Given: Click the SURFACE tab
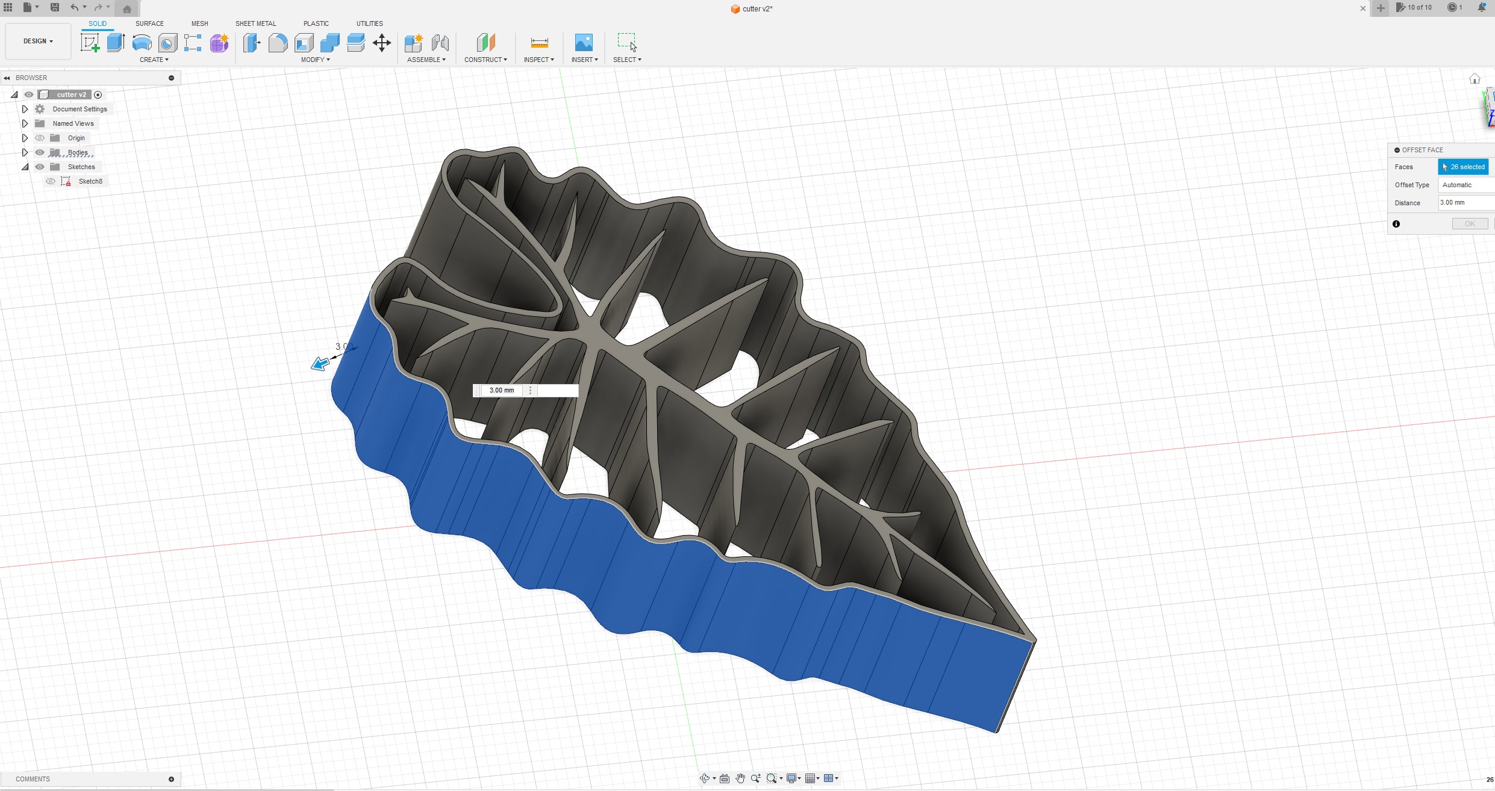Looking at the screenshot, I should (149, 23).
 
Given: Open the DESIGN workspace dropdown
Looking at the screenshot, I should (38, 41).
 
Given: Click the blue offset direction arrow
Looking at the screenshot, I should (320, 363).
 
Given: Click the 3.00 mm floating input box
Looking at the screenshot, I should (502, 390).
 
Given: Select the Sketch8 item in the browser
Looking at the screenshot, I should (90, 181).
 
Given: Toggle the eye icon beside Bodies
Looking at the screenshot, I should (40, 152).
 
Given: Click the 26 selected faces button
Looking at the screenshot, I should (1463, 167).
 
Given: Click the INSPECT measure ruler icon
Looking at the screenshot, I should (539, 43).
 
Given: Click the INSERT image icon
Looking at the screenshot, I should (584, 43).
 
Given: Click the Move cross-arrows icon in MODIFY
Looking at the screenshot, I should (382, 43).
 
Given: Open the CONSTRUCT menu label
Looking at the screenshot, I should (485, 60).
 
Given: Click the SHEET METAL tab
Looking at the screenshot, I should (255, 23).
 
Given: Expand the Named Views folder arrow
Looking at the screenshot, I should (25, 123).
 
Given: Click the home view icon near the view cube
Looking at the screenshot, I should (1475, 79).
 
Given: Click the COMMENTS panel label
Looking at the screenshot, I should (33, 779).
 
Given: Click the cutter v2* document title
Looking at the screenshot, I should (757, 8).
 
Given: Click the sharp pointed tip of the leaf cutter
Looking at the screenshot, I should (1034, 639).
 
